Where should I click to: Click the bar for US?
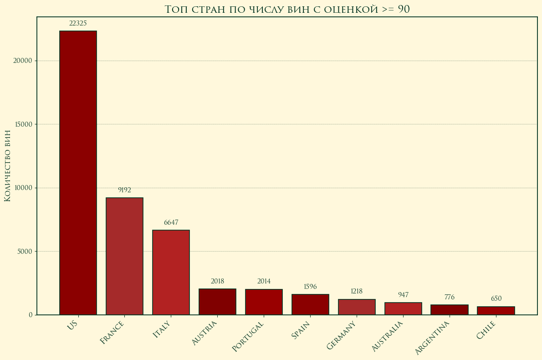(78, 173)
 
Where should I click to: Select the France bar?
(124, 256)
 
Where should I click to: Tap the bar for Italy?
(171, 272)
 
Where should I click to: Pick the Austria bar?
(217, 302)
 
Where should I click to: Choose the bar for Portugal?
(264, 302)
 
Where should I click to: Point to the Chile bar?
(496, 310)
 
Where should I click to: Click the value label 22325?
(78, 23)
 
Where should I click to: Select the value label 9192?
(124, 190)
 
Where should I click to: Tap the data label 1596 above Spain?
(310, 287)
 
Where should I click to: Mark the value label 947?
(403, 295)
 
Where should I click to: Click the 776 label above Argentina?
(450, 297)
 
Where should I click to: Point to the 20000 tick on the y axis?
(23, 61)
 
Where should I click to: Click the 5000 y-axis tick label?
(25, 251)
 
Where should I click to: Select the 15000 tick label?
(23, 124)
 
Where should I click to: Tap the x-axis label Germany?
(342, 335)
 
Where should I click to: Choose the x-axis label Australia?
(387, 336)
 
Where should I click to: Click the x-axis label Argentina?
(432, 337)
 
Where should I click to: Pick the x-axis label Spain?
(301, 330)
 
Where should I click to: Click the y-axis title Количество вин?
(7, 165)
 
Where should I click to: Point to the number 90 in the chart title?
(404, 9)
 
